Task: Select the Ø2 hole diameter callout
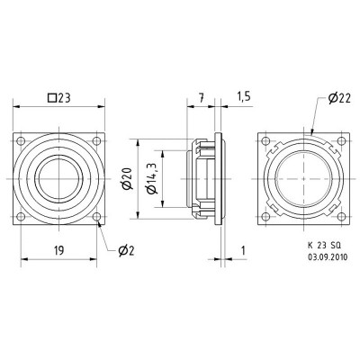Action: pyautogui.click(x=127, y=249)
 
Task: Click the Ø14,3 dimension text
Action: pyautogui.click(x=154, y=178)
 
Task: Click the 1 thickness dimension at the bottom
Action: pyautogui.click(x=244, y=248)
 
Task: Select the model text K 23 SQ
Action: pyautogui.click(x=316, y=245)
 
